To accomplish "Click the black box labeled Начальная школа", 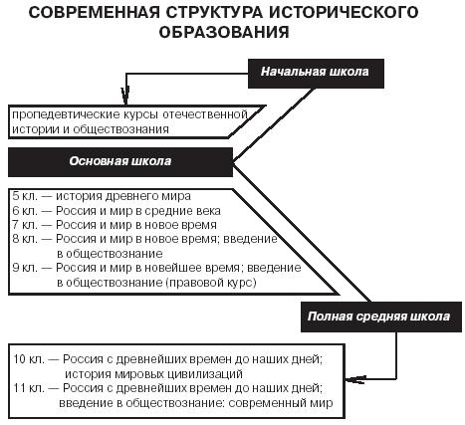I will pos(316,73).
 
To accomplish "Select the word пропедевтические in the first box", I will pos(63,114).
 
